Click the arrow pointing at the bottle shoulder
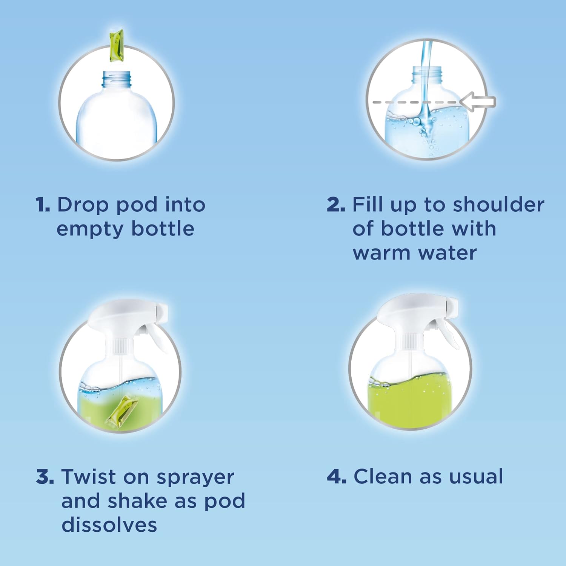(478, 102)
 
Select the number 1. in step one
(43, 205)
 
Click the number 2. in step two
(336, 205)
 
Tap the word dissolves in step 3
(109, 525)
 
